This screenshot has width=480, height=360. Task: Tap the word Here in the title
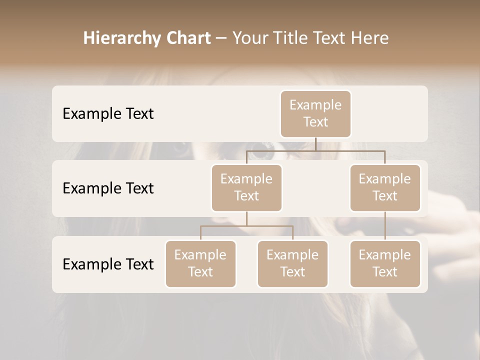[370, 38]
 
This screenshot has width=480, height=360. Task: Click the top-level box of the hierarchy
[315, 113]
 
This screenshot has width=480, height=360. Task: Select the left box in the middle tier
[246, 187]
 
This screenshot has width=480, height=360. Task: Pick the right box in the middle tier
[385, 187]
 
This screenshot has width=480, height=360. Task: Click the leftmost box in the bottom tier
[200, 263]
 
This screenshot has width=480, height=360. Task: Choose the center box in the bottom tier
[292, 263]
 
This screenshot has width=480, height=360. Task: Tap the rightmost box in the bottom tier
[385, 263]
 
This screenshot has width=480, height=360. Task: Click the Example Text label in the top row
[108, 113]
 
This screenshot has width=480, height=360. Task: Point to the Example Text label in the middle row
[108, 188]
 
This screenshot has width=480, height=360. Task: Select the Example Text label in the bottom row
[108, 264]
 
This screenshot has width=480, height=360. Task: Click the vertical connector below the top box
[315, 144]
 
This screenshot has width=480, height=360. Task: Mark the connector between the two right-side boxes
[385, 226]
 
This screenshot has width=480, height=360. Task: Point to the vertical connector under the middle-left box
[246, 218]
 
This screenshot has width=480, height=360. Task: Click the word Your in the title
[248, 38]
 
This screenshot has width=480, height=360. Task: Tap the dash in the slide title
[221, 38]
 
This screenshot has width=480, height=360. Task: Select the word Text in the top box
[315, 122]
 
